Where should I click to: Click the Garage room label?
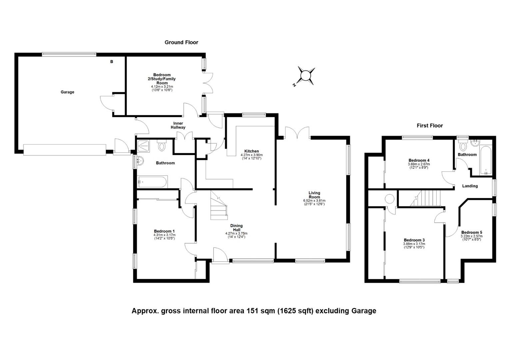point(67,92)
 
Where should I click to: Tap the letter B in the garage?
point(112,62)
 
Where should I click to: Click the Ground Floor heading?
point(181,42)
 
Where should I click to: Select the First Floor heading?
point(430,126)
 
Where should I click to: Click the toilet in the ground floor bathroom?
point(162,146)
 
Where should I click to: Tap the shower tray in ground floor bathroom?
point(143,146)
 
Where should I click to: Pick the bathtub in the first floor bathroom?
point(486,160)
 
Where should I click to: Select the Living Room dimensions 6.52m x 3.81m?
point(314,201)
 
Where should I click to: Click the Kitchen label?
point(252,151)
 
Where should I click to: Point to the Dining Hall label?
point(236,228)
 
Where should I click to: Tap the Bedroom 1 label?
point(164,231)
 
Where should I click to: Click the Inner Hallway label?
point(178,125)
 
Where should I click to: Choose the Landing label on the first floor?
point(470,186)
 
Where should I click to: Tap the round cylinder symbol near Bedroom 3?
point(389,199)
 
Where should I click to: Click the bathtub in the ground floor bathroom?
point(153,182)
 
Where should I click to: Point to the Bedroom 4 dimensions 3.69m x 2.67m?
point(419,164)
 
